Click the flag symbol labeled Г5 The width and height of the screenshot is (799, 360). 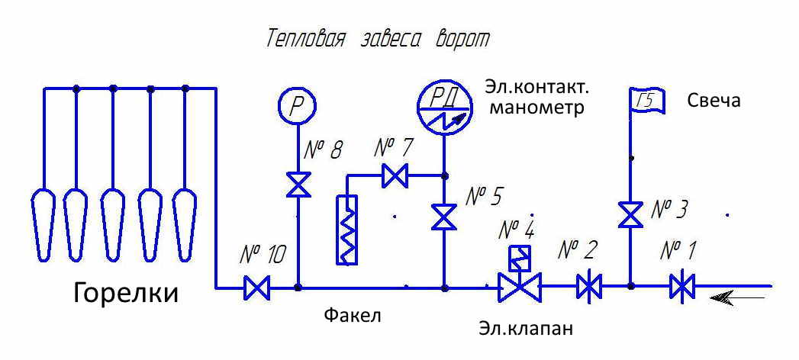click(646, 100)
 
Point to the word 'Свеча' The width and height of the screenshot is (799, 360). click(714, 101)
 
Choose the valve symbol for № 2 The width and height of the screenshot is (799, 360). click(589, 288)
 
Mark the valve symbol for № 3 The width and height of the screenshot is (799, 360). click(630, 214)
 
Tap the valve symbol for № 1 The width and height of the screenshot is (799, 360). click(681, 288)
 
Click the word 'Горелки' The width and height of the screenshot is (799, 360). click(126, 294)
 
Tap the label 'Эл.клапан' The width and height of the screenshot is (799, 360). click(526, 329)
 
